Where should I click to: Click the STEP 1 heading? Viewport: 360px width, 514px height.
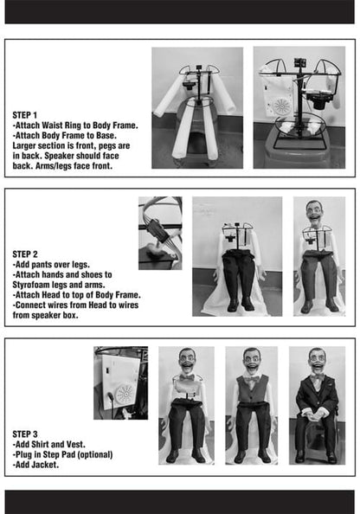24,115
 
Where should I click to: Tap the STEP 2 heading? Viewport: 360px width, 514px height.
25,254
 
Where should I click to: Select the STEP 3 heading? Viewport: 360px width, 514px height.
25,434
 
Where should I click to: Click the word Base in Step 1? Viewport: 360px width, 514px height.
106,136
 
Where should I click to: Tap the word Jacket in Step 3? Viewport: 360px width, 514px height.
45,465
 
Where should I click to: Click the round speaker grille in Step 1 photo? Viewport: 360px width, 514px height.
281,106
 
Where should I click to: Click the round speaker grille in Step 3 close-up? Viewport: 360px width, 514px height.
125,395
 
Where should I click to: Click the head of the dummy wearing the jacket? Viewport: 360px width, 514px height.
317,360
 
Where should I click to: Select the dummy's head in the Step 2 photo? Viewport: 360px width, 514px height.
315,213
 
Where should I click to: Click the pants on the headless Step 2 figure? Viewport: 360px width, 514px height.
239,275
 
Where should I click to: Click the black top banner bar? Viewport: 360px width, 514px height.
180,12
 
